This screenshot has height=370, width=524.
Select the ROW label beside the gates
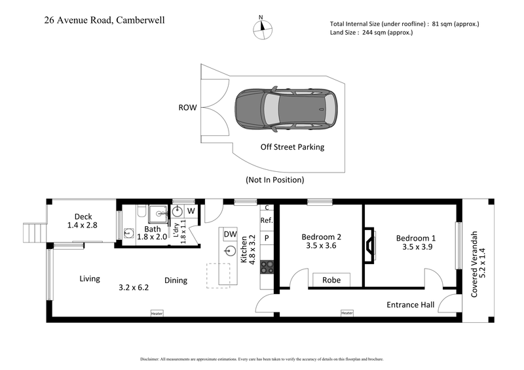point(187,109)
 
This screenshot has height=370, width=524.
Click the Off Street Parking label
point(292,147)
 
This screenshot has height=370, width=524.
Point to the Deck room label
point(83,217)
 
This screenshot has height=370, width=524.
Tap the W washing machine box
point(191,211)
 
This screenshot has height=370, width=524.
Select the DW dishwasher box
point(230,234)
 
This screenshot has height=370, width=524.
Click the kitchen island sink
point(230,250)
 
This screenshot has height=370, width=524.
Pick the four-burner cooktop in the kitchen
point(267,266)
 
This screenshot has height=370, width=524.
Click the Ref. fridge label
point(267,221)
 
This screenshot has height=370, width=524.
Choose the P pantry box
point(267,238)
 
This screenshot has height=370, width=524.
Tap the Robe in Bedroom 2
point(331,280)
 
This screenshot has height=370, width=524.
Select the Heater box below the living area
point(157,312)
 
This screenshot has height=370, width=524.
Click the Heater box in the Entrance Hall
point(346,312)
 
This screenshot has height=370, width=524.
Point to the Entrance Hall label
point(410,304)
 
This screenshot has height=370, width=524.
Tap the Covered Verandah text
point(475,263)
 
